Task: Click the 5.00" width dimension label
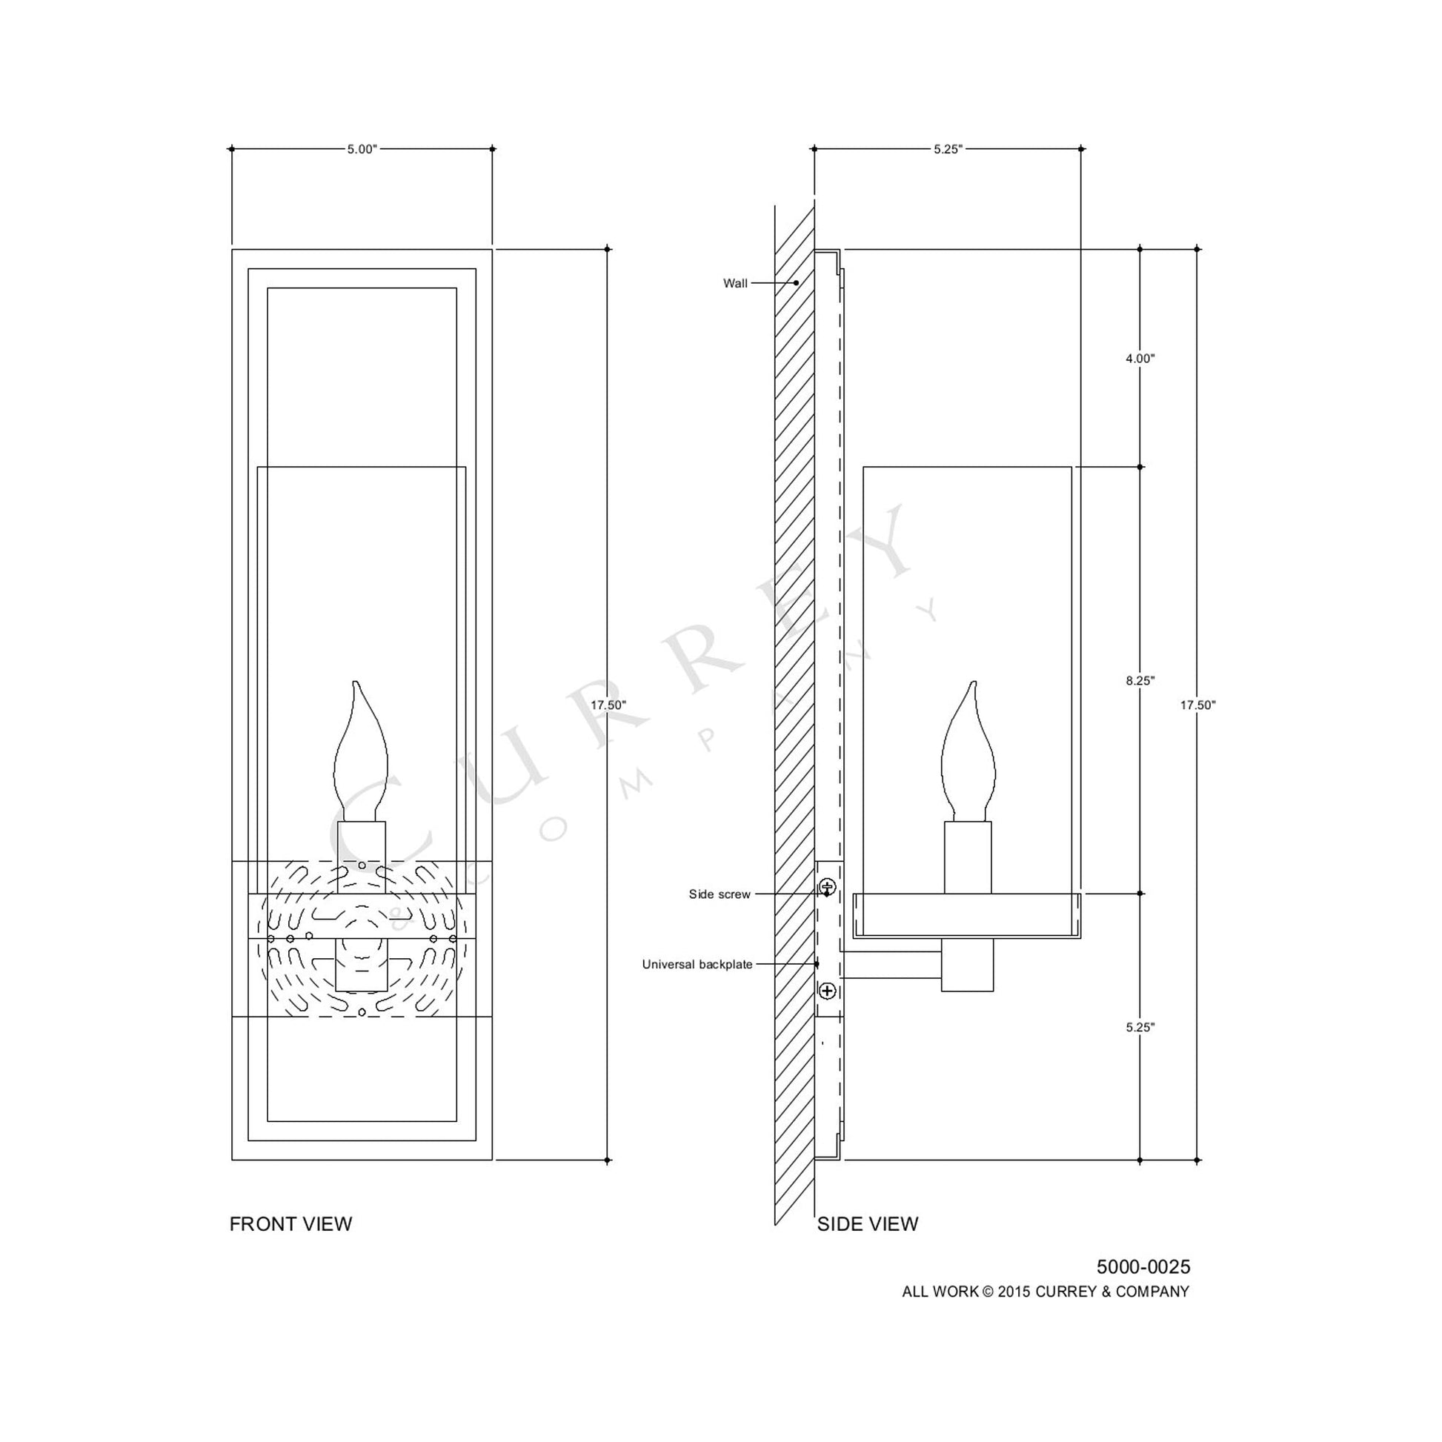362,149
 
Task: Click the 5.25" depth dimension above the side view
948,149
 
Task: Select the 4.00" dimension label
1140,358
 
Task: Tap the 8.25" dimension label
1140,681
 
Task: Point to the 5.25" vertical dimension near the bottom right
1140,1027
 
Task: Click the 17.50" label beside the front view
608,705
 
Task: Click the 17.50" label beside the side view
1197,705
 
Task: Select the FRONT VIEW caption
290,1224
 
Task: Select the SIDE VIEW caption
867,1224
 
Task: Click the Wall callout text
734,284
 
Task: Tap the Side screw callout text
719,894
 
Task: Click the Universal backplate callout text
697,964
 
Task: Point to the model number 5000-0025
1143,1267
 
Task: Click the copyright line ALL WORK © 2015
1045,1292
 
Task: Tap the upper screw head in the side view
827,887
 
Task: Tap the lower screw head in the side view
827,991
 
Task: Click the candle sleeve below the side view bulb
967,857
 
